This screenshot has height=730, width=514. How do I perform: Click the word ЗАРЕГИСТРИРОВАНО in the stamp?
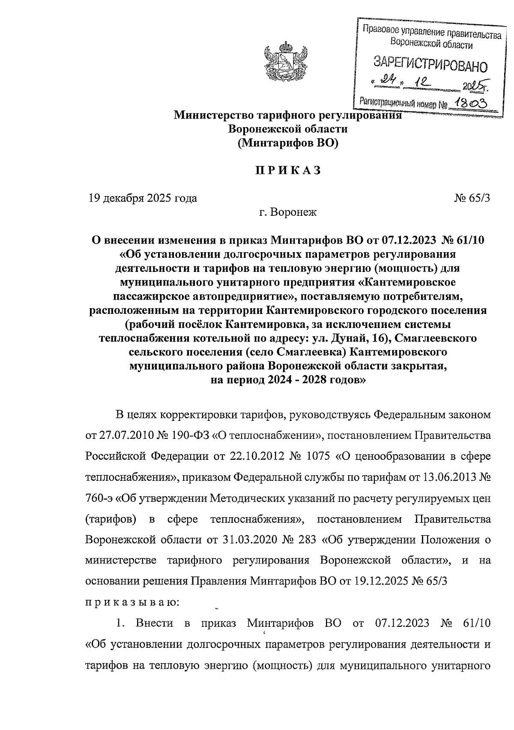(431, 65)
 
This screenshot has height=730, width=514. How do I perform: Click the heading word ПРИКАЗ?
(288, 170)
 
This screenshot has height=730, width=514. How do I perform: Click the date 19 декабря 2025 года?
(143, 198)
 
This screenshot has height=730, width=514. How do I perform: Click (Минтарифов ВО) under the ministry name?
(288, 143)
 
